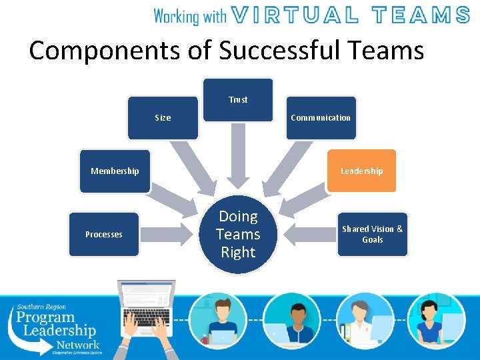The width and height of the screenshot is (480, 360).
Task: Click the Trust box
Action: click(x=238, y=100)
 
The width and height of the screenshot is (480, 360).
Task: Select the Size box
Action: click(x=163, y=118)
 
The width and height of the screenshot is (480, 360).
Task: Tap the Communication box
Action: click(x=321, y=118)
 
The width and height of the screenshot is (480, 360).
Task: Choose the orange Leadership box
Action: click(x=361, y=171)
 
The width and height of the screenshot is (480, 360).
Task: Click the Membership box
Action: click(x=115, y=171)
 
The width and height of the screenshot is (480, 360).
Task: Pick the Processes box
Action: click(x=104, y=234)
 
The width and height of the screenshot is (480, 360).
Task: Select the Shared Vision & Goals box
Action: click(x=372, y=234)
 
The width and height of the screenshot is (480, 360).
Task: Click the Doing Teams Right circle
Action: click(x=238, y=235)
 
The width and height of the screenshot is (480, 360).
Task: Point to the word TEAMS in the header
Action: click(x=420, y=15)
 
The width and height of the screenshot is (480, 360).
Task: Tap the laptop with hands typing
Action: click(x=146, y=313)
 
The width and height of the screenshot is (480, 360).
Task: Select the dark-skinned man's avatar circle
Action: click(x=291, y=320)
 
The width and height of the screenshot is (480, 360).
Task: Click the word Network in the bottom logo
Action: click(x=77, y=345)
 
